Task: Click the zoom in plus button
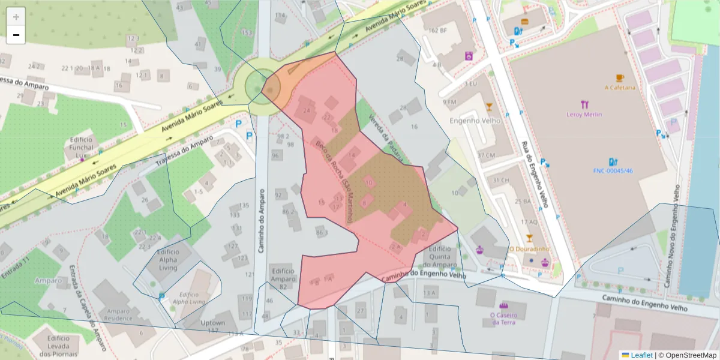[x=16, y=17]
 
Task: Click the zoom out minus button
[x=16, y=35]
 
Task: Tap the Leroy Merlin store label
[x=584, y=114]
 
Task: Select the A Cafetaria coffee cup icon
[x=619, y=78]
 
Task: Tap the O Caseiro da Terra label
[x=503, y=318]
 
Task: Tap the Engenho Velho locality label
[x=475, y=121]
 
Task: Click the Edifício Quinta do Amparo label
[x=439, y=257]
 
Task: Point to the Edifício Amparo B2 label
[x=283, y=279]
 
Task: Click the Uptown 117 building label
[x=212, y=326]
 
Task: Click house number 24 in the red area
[x=307, y=110]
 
